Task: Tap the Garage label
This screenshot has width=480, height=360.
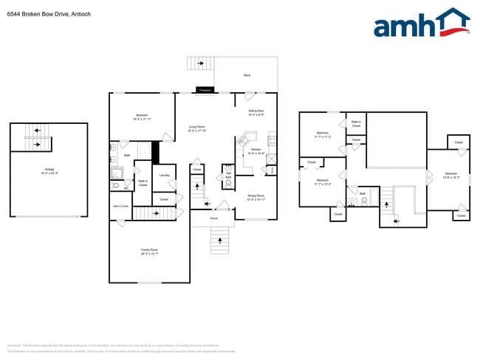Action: click(x=49, y=171)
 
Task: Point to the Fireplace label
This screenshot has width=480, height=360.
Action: click(x=205, y=90)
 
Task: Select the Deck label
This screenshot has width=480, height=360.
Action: click(x=247, y=75)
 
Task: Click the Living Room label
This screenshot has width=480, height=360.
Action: click(x=196, y=128)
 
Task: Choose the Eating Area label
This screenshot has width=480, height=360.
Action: click(x=256, y=112)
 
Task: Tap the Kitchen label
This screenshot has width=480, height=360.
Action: click(x=256, y=150)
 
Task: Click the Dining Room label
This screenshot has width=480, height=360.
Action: click(x=256, y=197)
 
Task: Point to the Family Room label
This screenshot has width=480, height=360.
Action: click(x=150, y=252)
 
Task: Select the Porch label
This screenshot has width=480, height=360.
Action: click(x=213, y=218)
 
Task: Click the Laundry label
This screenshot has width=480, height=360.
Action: click(x=165, y=176)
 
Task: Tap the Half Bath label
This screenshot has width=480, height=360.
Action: click(x=228, y=176)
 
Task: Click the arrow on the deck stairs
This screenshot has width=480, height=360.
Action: click(x=200, y=64)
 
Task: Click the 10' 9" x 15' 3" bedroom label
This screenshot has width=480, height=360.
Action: click(x=452, y=176)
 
